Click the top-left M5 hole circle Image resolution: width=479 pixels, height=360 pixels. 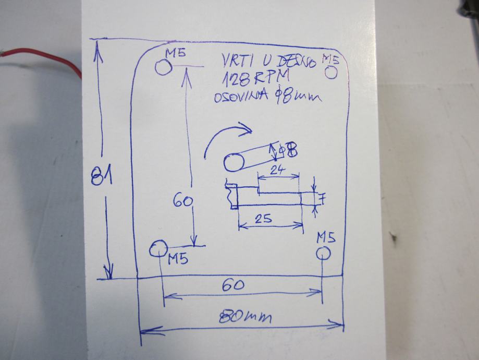click(163, 67)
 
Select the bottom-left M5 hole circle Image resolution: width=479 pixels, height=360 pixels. click(157, 249)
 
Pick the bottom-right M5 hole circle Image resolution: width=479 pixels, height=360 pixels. click(323, 254)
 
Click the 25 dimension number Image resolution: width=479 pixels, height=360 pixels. click(264, 219)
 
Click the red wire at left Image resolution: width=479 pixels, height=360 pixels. click(42, 54)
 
